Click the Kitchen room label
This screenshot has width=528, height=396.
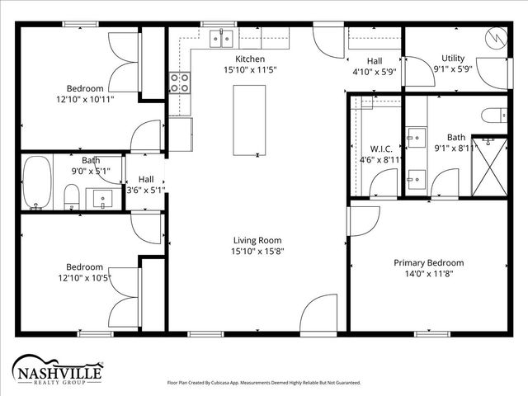coord(250,59)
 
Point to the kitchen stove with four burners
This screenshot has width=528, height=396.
coord(180,82)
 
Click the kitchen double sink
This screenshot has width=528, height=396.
coord(221,37)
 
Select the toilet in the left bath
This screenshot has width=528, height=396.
coord(72,196)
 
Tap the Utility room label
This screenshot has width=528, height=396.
coord(453,59)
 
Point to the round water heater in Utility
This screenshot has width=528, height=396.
coord(497,38)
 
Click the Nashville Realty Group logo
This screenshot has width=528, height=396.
coord(57,370)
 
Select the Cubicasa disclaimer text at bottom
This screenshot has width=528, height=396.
coord(264,383)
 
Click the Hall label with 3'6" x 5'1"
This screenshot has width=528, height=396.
coord(146,179)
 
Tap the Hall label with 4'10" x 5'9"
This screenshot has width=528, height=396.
coord(375,61)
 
